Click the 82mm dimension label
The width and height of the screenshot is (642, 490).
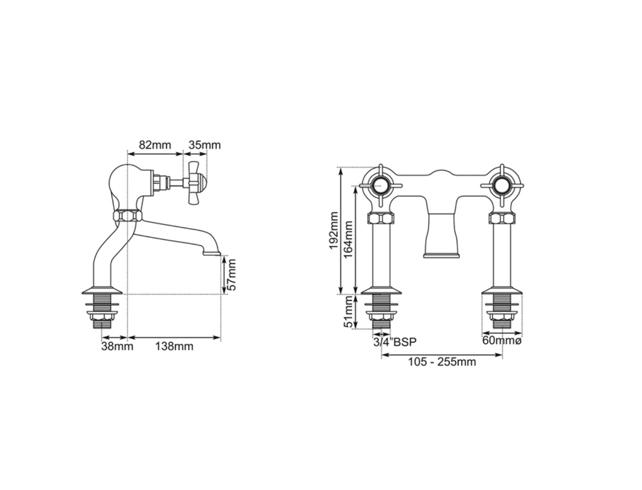(x=155, y=145)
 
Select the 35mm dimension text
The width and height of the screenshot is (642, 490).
(x=204, y=145)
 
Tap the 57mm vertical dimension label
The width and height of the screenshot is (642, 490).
(x=232, y=275)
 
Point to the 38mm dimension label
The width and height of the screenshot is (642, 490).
(x=117, y=346)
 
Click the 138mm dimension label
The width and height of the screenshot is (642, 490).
(x=174, y=346)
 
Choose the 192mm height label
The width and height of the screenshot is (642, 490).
(x=334, y=230)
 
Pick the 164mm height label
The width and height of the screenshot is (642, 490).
(x=349, y=239)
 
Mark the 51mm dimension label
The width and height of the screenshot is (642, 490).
(x=349, y=312)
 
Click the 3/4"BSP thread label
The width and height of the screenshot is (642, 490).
(x=395, y=342)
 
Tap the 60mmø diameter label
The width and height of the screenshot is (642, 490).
(x=502, y=341)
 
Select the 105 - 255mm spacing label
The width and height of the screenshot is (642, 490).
(x=442, y=362)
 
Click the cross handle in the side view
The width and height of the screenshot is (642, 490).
(x=195, y=183)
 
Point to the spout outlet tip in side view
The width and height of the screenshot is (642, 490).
(x=212, y=254)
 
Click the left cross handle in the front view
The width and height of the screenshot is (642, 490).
(x=382, y=185)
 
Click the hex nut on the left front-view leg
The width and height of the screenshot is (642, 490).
(x=381, y=219)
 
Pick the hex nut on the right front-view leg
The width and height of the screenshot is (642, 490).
(x=502, y=219)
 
